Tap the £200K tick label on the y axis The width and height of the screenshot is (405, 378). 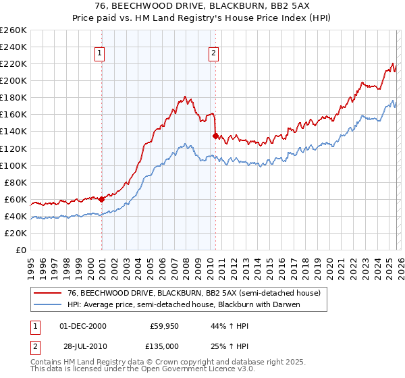coord(13,80)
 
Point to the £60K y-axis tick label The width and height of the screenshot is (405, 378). coord(16,199)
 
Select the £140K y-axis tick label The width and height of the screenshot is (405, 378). coord(13,132)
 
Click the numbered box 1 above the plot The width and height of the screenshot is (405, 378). coord(99,53)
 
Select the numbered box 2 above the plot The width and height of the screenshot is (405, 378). coord(213,53)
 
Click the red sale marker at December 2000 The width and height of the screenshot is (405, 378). coord(101,199)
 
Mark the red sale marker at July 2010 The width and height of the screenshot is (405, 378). coord(215,136)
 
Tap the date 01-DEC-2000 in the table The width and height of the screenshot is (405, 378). coord(83,325)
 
